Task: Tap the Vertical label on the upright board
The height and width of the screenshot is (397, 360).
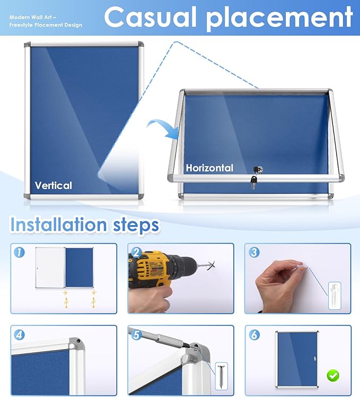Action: [53, 185]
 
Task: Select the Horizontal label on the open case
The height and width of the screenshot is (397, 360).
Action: [209, 168]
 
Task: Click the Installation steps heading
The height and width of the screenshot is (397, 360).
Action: [85, 225]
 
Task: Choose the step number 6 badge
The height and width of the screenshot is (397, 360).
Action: [254, 335]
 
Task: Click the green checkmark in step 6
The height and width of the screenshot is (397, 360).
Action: [332, 376]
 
